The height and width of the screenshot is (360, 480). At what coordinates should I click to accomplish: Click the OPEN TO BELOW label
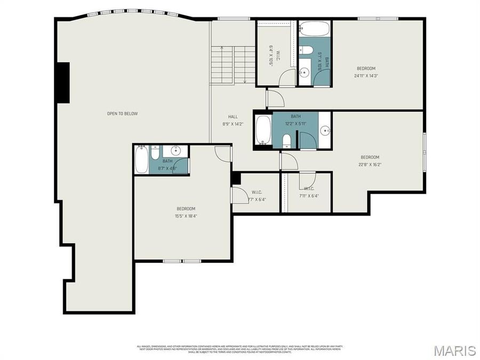point(122,114)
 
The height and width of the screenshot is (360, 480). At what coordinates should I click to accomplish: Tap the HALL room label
point(233,117)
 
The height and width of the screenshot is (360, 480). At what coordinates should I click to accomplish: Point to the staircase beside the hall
point(233,65)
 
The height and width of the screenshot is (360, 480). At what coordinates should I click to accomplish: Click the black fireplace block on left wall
point(63,83)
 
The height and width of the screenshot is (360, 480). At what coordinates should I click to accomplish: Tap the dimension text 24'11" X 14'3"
point(366,76)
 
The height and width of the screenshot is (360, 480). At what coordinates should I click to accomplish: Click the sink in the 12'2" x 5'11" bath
point(325,130)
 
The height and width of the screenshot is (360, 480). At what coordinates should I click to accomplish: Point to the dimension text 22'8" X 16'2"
point(370,164)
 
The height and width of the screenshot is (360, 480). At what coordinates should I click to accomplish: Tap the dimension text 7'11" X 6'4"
point(309,196)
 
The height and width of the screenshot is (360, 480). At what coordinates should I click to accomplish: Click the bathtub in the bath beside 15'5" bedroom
point(141,159)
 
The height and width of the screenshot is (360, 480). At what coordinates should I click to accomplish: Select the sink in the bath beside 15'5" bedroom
point(176,150)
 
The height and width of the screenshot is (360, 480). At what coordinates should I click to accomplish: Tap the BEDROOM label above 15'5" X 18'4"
point(186,209)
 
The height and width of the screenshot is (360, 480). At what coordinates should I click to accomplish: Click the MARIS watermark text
point(454,350)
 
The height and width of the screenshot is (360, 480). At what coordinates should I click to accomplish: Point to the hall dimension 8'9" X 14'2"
point(233,124)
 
